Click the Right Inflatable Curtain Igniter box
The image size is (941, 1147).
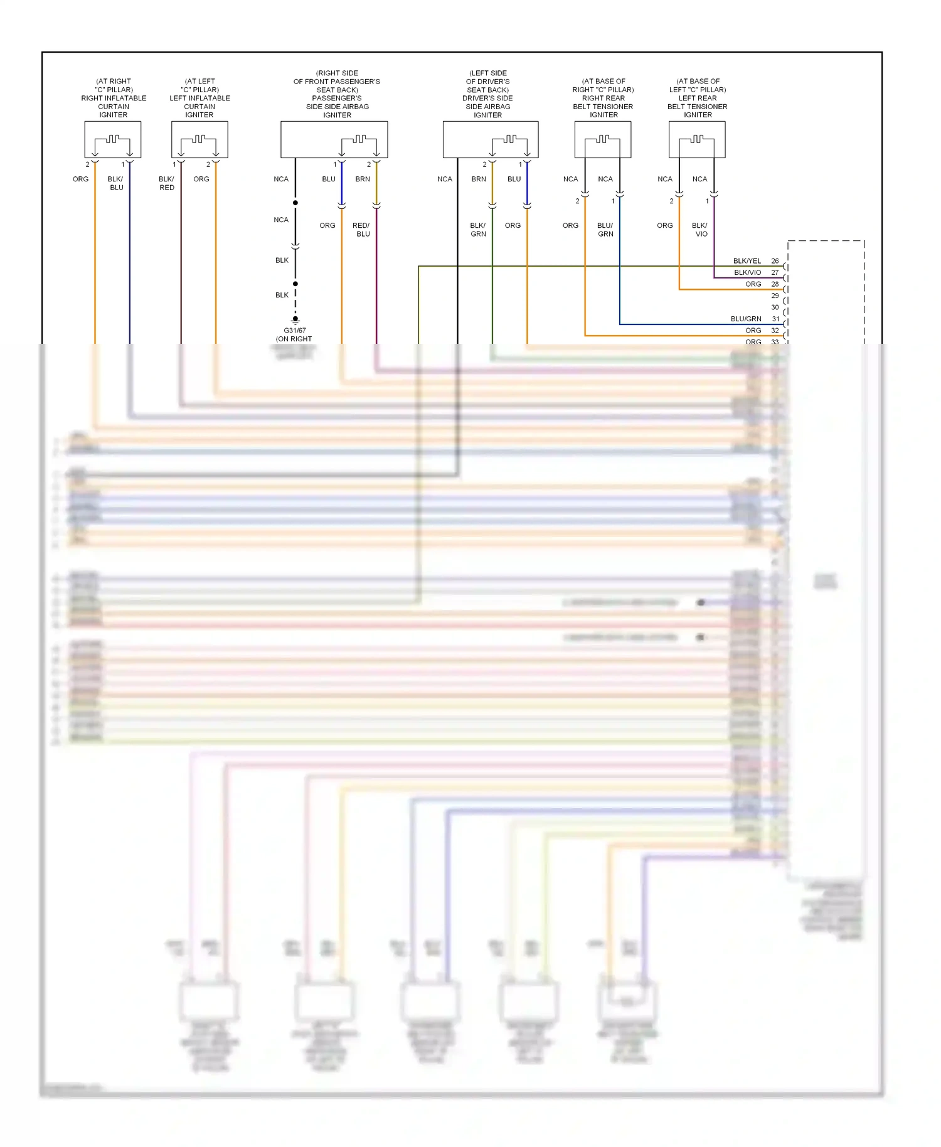click(113, 139)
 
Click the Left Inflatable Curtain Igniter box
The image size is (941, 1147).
click(199, 139)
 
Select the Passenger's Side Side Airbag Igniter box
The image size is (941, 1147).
click(334, 139)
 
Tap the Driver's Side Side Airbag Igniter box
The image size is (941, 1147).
click(490, 139)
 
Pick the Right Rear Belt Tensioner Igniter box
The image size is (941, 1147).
click(603, 139)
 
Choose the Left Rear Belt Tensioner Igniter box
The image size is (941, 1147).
click(697, 139)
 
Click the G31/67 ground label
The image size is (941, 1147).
click(295, 331)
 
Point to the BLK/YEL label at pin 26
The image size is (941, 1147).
click(747, 261)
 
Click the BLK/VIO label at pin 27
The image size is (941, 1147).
click(747, 272)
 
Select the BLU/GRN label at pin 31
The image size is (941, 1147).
click(746, 319)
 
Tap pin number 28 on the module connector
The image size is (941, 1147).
click(775, 284)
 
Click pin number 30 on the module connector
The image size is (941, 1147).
click(775, 307)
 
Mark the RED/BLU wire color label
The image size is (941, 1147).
click(361, 230)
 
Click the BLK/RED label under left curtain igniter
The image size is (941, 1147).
click(166, 183)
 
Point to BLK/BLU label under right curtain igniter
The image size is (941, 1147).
click(116, 183)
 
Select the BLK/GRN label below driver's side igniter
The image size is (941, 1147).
click(478, 230)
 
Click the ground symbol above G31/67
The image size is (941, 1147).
click(295, 319)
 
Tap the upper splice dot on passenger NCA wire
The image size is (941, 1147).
click(295, 203)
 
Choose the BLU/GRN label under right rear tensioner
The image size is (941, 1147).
click(605, 230)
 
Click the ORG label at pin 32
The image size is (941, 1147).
click(753, 331)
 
